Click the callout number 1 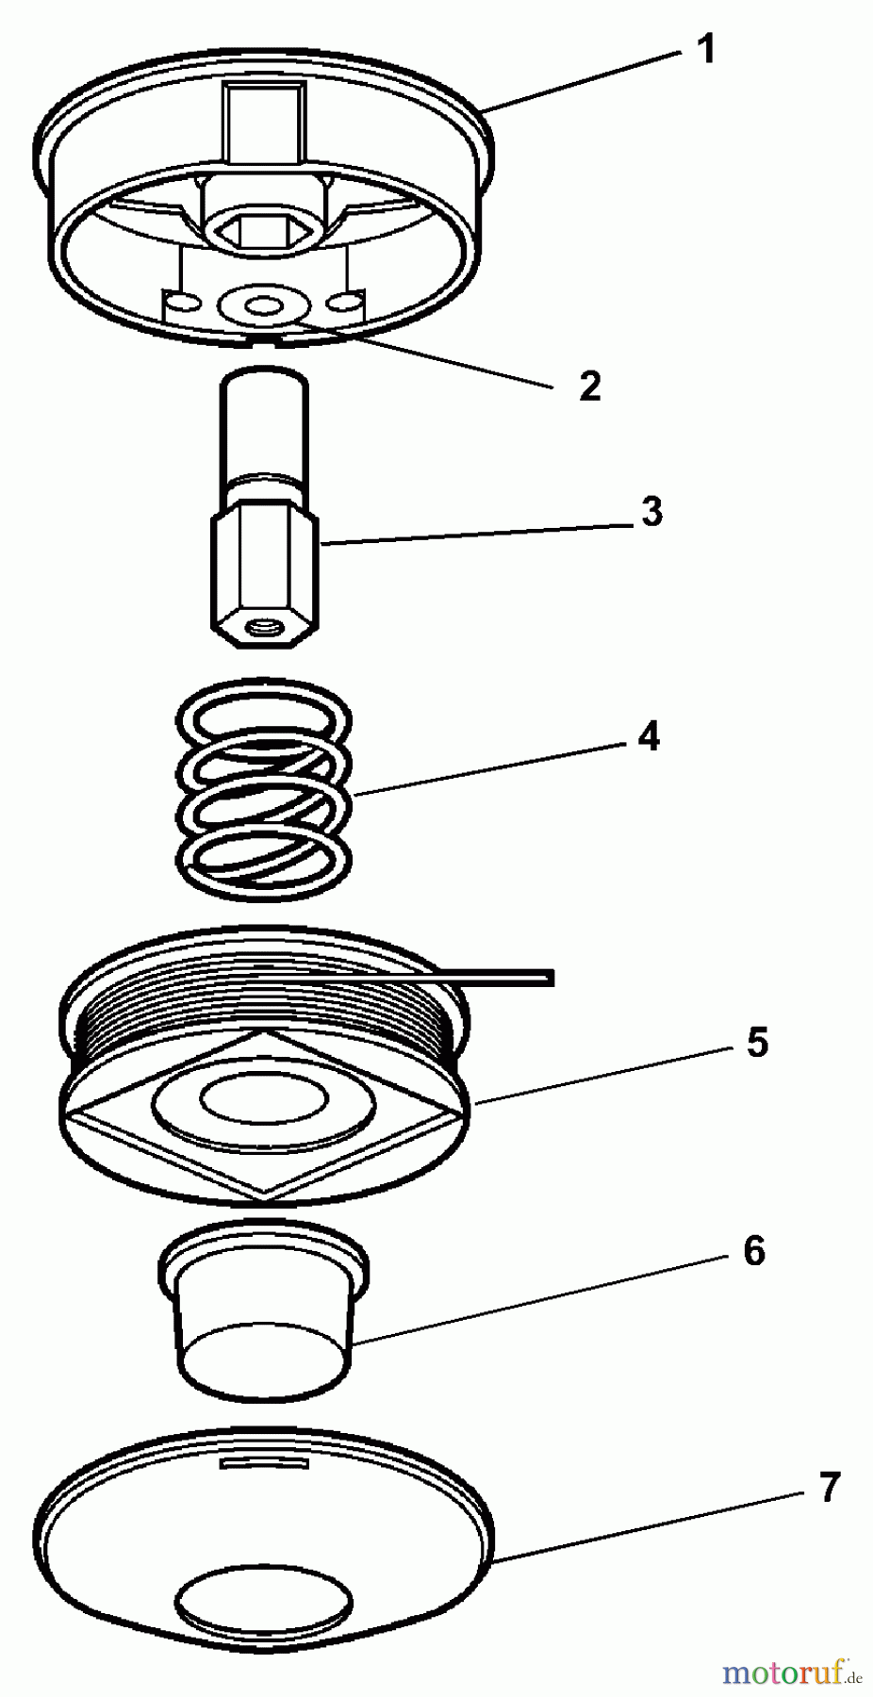[705, 49]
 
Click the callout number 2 [589, 386]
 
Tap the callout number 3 [651, 512]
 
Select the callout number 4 [649, 736]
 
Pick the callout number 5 [757, 1043]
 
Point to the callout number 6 [753, 1250]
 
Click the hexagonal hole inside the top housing [268, 229]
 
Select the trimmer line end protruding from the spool [528, 977]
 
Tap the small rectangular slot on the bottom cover [264, 1462]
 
